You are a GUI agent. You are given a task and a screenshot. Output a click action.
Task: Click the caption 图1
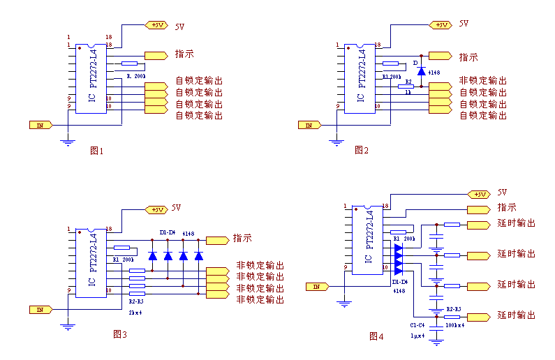[x=97, y=151]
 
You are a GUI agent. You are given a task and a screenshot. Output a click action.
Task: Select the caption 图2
[x=361, y=150]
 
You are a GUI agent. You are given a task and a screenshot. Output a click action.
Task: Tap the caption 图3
[x=119, y=334]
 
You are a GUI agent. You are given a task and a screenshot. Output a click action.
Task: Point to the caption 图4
[x=376, y=336]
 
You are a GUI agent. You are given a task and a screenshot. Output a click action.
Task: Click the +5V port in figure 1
[x=156, y=25]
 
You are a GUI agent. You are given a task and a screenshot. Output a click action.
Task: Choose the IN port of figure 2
[x=309, y=126]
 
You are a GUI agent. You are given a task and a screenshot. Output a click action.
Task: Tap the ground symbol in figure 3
[x=67, y=325]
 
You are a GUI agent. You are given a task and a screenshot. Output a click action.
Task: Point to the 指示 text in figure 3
[x=242, y=238]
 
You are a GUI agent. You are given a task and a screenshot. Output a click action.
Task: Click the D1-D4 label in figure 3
[x=167, y=232]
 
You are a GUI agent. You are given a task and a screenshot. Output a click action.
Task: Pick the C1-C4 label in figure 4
[x=417, y=324]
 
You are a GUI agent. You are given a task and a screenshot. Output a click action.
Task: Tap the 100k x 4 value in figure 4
[x=455, y=325]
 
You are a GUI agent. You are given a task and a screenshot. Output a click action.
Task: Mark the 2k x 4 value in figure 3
[x=135, y=312]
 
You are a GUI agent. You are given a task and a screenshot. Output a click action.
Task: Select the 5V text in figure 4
[x=502, y=193]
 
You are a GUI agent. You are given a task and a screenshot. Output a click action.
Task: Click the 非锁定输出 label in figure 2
[x=482, y=81]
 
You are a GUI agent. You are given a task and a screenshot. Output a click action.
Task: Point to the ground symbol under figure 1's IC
[x=68, y=142]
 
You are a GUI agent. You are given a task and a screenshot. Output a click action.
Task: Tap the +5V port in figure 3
[x=155, y=209]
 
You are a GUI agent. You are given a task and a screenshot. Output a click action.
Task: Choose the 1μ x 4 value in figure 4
[x=417, y=335]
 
